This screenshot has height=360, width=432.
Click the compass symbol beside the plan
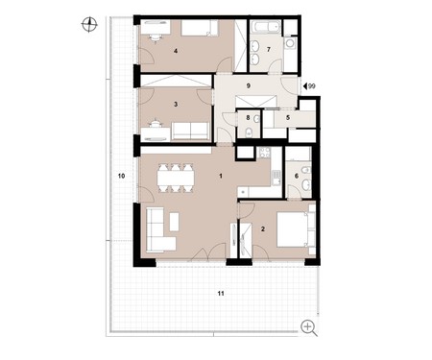(89, 25)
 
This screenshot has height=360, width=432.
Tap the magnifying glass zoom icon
(309, 328)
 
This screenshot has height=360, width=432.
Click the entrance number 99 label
(312, 86)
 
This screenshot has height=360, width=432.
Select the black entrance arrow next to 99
(305, 86)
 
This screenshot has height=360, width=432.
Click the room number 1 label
(221, 176)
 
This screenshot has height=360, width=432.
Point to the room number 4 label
(176, 51)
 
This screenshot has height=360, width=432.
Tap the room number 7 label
(269, 49)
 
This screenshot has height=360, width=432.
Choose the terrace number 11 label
(221, 293)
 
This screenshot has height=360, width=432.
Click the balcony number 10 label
(121, 176)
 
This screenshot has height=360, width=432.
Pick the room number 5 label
(288, 118)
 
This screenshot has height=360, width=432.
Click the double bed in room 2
(293, 229)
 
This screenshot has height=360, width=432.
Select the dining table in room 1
(176, 178)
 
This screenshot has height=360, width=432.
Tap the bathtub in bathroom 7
(265, 27)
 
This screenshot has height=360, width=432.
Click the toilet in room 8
(249, 132)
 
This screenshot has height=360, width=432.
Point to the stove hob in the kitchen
(265, 153)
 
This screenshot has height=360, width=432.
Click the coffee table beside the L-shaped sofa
(175, 222)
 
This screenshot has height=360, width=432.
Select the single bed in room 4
(200, 28)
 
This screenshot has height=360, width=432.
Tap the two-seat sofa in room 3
(190, 131)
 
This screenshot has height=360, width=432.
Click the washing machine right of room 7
(291, 42)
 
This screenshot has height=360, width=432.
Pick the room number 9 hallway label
(249, 85)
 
